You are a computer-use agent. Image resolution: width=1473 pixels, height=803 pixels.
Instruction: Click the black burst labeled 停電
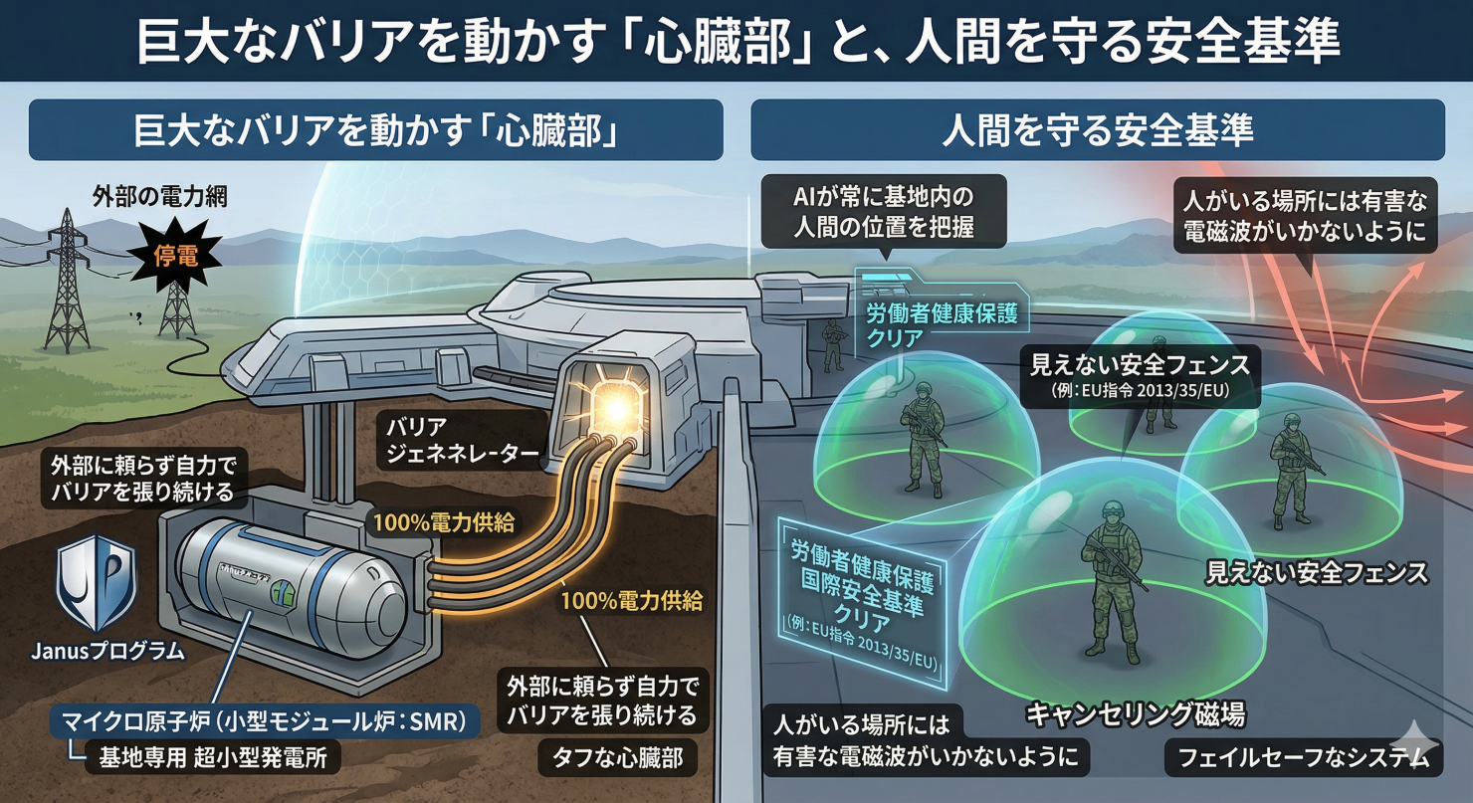[174, 257]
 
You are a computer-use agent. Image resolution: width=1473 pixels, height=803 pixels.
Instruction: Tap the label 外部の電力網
[159, 196]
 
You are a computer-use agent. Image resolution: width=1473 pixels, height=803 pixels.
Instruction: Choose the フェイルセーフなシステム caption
[1302, 759]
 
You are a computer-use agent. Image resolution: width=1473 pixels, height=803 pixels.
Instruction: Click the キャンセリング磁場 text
[1135, 714]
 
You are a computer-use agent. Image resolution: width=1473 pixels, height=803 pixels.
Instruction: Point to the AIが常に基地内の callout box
[884, 211]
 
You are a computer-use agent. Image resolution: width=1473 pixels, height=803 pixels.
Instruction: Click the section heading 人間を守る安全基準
[1097, 130]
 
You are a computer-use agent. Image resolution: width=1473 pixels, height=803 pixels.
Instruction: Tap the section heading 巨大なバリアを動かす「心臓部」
[375, 130]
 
